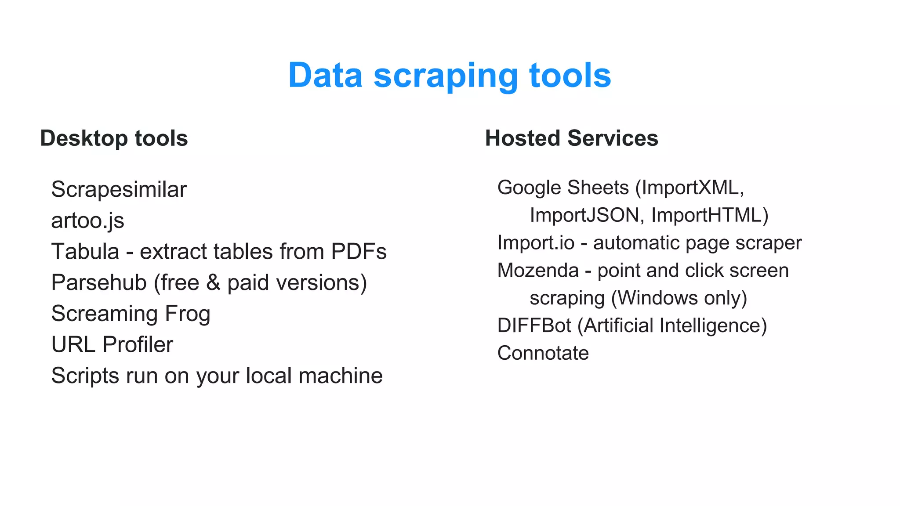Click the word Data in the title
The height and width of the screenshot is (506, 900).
coord(325,76)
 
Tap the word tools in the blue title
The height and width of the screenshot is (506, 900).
coord(570,76)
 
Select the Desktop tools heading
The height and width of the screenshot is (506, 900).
coord(114,138)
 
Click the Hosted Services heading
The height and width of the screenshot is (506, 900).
coord(571,138)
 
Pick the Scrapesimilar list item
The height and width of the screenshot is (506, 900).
coord(119,190)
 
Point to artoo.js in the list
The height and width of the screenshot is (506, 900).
coord(87,220)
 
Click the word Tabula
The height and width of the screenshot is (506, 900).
coord(85,252)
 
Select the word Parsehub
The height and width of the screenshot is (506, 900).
coord(99,282)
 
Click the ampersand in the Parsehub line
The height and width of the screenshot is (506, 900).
coord(213,282)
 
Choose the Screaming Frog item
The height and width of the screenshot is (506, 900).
coord(131,314)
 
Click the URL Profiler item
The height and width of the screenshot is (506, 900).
coord(112,345)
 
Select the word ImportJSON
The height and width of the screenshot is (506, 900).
coord(587,216)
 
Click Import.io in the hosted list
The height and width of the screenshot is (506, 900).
coord(536,243)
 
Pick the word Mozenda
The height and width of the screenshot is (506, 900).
coord(538,271)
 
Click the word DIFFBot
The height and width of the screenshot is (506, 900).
coord(534,326)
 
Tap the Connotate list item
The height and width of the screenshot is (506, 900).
coord(543,354)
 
